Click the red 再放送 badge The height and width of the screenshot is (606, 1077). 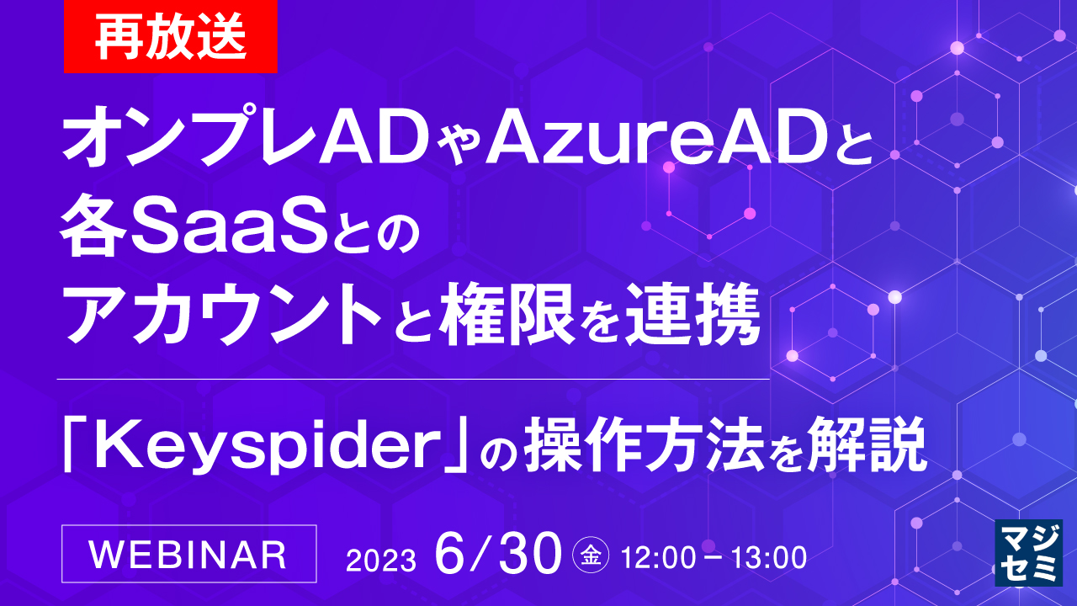click(x=170, y=37)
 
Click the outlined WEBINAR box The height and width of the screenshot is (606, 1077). click(x=189, y=554)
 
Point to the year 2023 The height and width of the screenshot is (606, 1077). click(x=381, y=560)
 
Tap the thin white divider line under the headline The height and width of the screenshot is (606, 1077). click(x=412, y=380)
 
